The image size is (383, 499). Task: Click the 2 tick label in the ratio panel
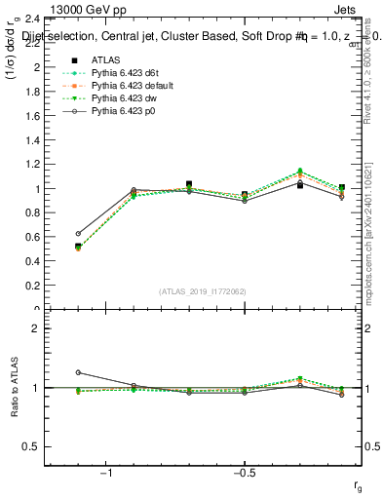pyautogui.click(x=35, y=329)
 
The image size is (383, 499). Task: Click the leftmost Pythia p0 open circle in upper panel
pyautogui.click(x=78, y=234)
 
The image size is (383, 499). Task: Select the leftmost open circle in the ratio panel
pyautogui.click(x=78, y=372)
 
